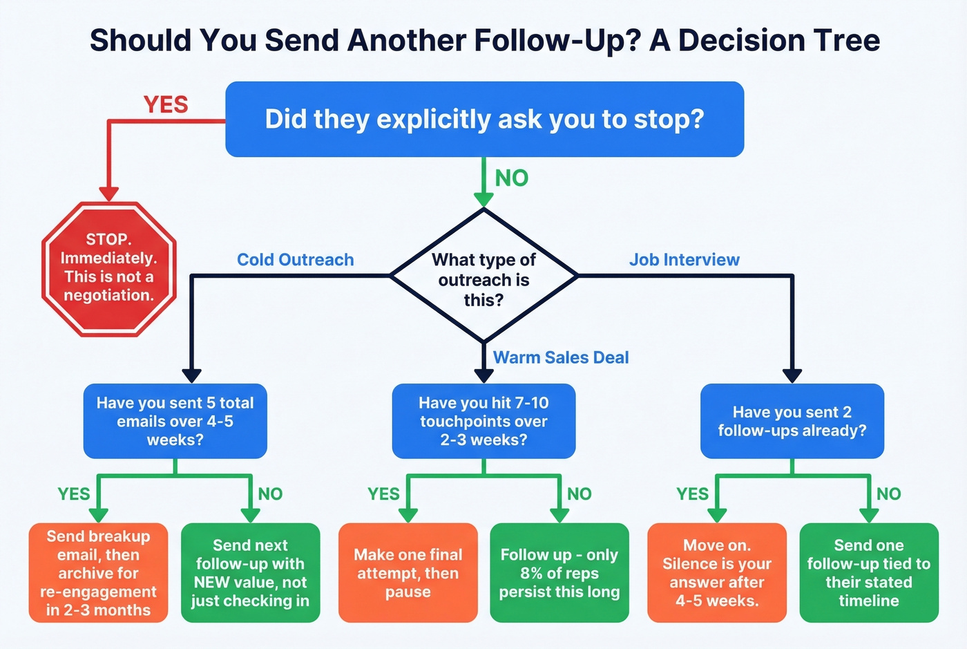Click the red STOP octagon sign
tap(109, 268)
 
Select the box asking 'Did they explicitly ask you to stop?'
tap(484, 119)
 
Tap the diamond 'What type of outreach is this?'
tap(483, 276)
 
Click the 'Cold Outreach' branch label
tap(295, 260)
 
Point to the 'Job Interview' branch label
tap(684, 260)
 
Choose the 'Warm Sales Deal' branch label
tap(560, 357)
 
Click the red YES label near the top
tap(166, 105)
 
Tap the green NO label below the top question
tap(511, 178)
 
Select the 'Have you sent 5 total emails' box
tap(175, 421)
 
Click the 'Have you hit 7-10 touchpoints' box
tap(483, 421)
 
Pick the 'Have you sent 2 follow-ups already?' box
tap(792, 421)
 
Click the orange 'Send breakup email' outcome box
tap(98, 572)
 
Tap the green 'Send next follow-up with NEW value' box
tap(250, 572)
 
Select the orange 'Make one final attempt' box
tap(408, 572)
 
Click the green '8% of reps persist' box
tap(559, 572)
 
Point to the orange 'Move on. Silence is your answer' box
tap(716, 572)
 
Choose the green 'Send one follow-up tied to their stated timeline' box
tap(868, 572)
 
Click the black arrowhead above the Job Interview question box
tap(792, 375)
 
